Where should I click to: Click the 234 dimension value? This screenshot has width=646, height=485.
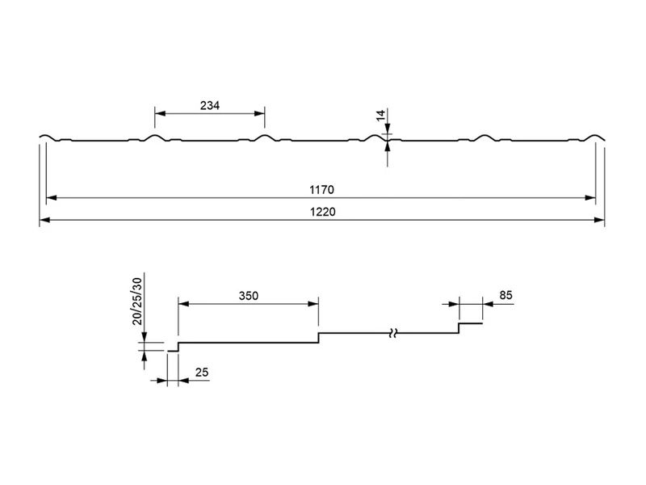pyautogui.click(x=210, y=106)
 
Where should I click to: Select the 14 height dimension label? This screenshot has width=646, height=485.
pyautogui.click(x=381, y=115)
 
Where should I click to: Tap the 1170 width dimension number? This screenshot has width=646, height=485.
pyautogui.click(x=321, y=190)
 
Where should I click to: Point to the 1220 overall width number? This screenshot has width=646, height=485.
pyautogui.click(x=322, y=212)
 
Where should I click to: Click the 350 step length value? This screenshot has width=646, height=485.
pyautogui.click(x=249, y=296)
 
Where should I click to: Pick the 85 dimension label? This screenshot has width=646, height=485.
pyautogui.click(x=505, y=295)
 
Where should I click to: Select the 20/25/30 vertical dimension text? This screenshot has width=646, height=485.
pyautogui.click(x=136, y=302)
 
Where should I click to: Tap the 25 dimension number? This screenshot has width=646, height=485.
pyautogui.click(x=202, y=373)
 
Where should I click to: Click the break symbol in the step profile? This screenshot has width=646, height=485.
pyautogui.click(x=393, y=333)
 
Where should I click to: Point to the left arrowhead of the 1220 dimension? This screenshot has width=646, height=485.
pyautogui.click(x=44, y=220)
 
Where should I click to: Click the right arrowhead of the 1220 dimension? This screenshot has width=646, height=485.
pyautogui.click(x=599, y=220)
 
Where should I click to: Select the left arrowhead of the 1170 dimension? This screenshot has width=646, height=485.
pyautogui.click(x=52, y=198)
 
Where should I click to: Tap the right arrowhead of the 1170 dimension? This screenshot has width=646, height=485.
pyautogui.click(x=590, y=198)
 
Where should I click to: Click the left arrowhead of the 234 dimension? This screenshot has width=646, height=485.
pyautogui.click(x=160, y=113)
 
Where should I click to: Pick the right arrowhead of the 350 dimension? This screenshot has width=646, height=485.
pyautogui.click(x=313, y=304)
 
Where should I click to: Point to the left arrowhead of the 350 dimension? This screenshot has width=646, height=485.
pyautogui.click(x=183, y=304)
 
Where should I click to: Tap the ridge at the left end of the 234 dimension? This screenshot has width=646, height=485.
pyautogui.click(x=155, y=137)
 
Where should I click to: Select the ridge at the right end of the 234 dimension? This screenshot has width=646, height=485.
pyautogui.click(x=265, y=137)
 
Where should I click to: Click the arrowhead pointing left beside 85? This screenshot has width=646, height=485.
pyautogui.click(x=488, y=305)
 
